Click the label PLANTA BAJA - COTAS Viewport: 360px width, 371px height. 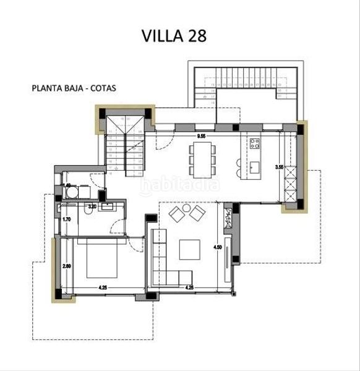(x=74, y=88)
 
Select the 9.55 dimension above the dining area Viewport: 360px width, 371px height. (x=201, y=135)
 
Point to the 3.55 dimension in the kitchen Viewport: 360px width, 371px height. (x=278, y=166)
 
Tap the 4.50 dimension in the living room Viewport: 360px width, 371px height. (x=218, y=247)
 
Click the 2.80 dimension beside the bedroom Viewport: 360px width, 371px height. (x=67, y=267)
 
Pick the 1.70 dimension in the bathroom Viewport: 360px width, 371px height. (x=67, y=219)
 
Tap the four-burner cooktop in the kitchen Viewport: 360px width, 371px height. (x=254, y=144)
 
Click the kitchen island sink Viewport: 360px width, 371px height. (x=254, y=166)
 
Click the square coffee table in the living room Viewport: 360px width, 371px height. (x=189, y=249)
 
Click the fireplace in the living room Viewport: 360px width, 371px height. (x=228, y=216)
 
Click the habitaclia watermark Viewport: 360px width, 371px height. (x=180, y=184)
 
